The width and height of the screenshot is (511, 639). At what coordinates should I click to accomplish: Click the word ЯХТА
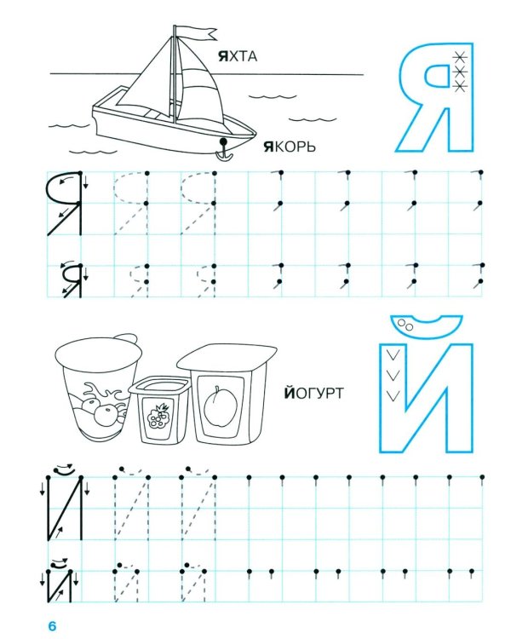coord(238,56)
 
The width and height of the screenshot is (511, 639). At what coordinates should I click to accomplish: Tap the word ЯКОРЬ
coord(290,147)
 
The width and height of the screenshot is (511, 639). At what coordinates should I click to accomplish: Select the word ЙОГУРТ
coord(313,394)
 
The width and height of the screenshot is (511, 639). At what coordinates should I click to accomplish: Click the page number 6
coord(52,625)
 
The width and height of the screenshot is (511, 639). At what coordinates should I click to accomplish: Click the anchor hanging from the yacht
coord(224,150)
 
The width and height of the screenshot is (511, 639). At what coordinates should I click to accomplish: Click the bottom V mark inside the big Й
coord(393,394)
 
